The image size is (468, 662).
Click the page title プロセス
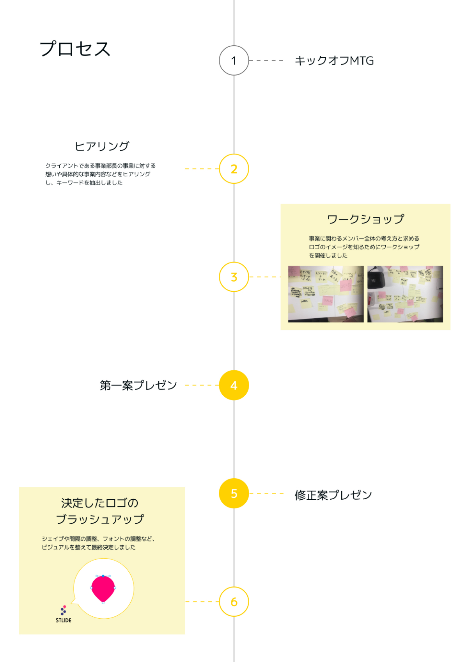click(x=75, y=49)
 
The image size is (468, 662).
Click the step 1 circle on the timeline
click(x=234, y=60)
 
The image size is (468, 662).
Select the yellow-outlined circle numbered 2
click(x=234, y=169)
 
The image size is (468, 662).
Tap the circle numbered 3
click(x=234, y=277)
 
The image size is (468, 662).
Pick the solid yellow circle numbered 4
click(x=234, y=385)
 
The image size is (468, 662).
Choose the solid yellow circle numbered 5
click(x=234, y=493)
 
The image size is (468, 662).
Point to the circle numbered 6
click(x=234, y=602)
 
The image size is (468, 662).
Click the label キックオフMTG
click(x=334, y=61)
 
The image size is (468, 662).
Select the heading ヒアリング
click(x=102, y=146)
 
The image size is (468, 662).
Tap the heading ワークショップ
click(x=365, y=219)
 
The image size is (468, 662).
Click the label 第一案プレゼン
click(x=138, y=385)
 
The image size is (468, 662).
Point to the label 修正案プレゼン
click(x=333, y=495)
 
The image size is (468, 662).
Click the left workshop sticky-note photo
click(x=326, y=294)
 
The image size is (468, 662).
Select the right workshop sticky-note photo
click(x=405, y=294)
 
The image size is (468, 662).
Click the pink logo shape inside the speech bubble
click(x=103, y=588)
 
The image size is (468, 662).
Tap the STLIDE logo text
click(x=64, y=620)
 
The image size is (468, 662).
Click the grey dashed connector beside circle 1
click(x=266, y=60)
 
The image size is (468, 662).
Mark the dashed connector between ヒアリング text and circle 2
click(x=202, y=169)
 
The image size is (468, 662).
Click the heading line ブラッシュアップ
click(x=100, y=520)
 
